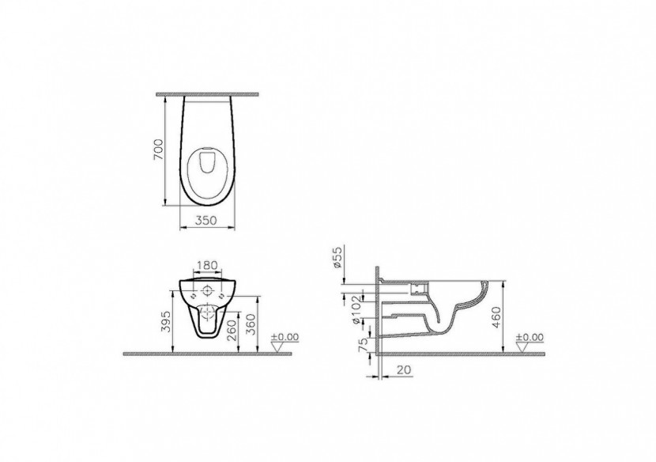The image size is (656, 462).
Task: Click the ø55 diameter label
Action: point(336,259)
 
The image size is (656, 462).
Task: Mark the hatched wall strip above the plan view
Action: point(209,94)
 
